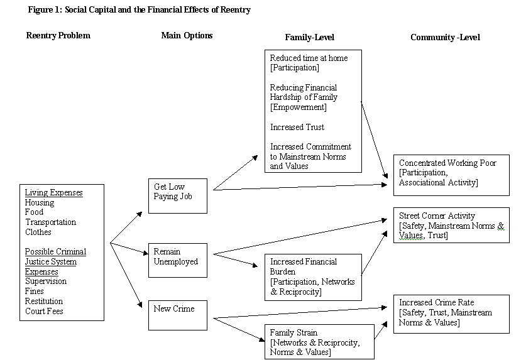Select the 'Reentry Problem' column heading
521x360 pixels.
(x=58, y=35)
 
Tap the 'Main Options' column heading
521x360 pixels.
(x=187, y=35)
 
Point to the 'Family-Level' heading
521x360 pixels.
(x=305, y=37)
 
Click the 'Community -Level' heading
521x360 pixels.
(x=445, y=37)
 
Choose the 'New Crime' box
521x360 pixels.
(x=178, y=314)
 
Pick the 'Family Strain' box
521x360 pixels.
(x=319, y=341)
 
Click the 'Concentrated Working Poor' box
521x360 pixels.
(x=451, y=173)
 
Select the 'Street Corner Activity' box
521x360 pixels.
(x=451, y=225)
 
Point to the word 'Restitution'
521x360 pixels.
(x=44, y=301)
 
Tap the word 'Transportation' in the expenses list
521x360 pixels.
(x=50, y=222)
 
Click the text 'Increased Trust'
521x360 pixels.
(x=297, y=127)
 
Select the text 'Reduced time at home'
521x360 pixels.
(x=309, y=58)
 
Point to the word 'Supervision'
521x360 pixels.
(x=46, y=281)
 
